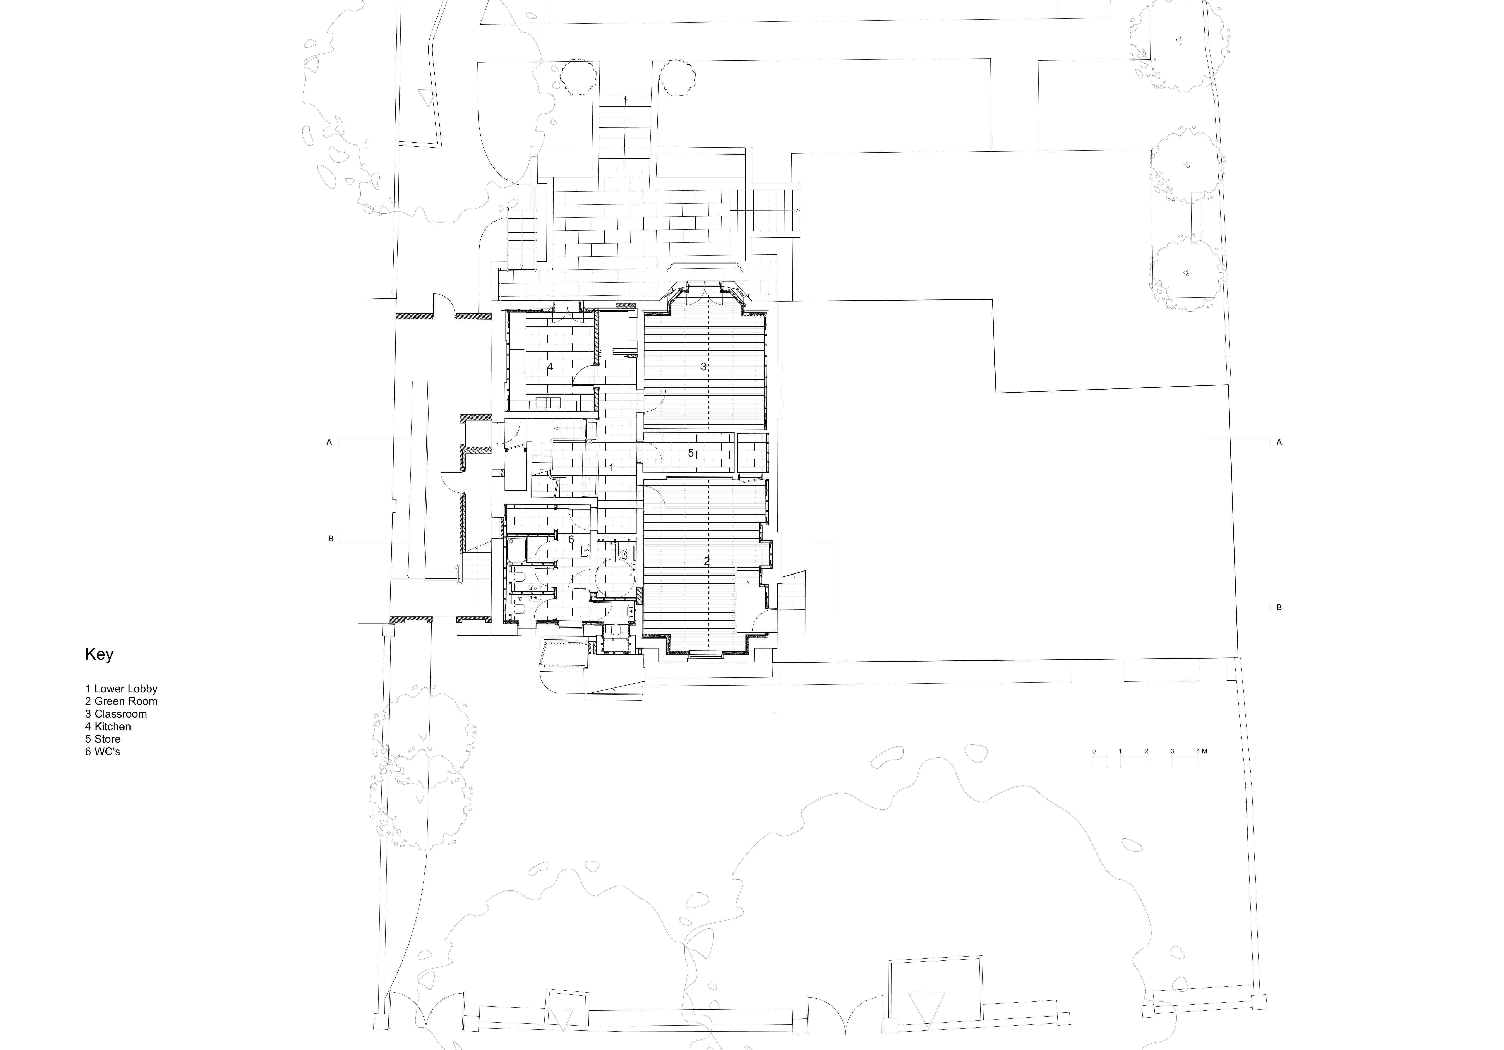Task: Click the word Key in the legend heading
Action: click(x=99, y=654)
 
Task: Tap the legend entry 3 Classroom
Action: click(x=116, y=714)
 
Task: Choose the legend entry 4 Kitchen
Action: click(x=108, y=727)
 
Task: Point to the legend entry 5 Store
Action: click(x=103, y=739)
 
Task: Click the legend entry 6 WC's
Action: click(x=103, y=751)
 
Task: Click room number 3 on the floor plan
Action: click(x=704, y=367)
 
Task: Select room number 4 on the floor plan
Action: click(x=550, y=367)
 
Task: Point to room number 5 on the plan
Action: click(x=690, y=453)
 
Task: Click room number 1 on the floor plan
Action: click(x=611, y=468)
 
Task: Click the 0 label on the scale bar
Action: click(x=1094, y=751)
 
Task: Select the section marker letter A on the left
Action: click(x=329, y=443)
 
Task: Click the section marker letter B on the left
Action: click(x=331, y=539)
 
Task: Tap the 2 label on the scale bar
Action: click(x=1146, y=751)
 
